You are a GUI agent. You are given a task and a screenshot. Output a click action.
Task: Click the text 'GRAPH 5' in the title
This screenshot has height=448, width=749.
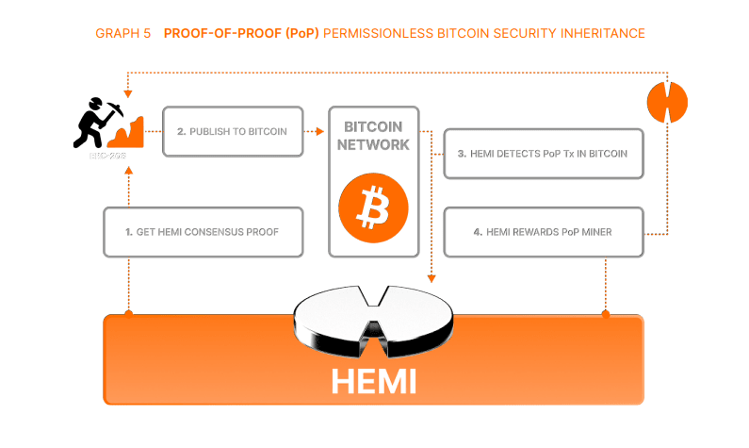click(122, 33)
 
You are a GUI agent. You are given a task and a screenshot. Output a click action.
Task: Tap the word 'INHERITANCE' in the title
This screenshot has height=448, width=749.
click(601, 33)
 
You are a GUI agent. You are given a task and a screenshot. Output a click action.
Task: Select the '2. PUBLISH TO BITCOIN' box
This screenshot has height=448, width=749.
click(237, 131)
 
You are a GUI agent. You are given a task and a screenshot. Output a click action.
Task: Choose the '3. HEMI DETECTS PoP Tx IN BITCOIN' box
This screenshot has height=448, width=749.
click(544, 153)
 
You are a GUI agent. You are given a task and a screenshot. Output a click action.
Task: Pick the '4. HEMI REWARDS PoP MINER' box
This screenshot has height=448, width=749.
click(544, 232)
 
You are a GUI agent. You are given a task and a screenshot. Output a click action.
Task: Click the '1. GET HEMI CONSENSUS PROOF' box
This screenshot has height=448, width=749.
click(203, 232)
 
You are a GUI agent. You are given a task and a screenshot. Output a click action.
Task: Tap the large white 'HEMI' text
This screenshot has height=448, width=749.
click(374, 381)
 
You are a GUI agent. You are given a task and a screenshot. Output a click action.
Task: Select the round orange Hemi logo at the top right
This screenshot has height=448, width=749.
click(668, 100)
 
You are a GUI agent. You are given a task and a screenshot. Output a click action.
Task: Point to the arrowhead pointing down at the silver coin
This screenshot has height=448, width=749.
click(431, 278)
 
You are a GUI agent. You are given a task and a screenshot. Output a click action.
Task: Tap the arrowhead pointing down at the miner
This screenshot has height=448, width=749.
click(127, 92)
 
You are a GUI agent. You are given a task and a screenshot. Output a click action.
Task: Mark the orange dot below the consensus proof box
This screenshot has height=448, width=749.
click(127, 312)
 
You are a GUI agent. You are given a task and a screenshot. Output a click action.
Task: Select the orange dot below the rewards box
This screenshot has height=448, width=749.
click(605, 312)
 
